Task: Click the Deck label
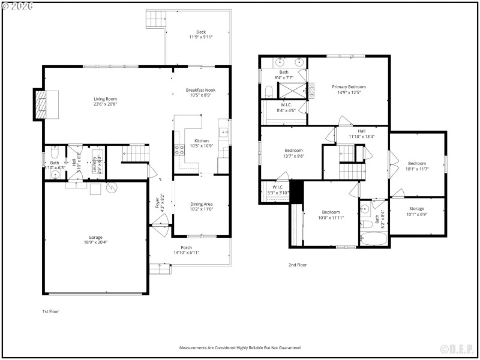[x=201, y=32]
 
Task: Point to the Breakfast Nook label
[x=200, y=90]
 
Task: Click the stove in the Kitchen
[x=178, y=150]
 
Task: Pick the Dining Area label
[x=200, y=204]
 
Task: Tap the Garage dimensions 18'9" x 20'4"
[x=95, y=242]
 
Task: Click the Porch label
[x=186, y=248]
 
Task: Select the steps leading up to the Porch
[x=159, y=269]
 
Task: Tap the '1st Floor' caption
[x=50, y=311]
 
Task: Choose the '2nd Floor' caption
[x=298, y=265]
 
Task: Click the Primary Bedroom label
[x=349, y=86]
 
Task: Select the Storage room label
[x=416, y=209]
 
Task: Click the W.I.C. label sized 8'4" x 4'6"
[x=286, y=104]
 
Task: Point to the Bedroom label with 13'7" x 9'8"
[x=293, y=151]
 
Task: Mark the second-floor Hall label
[x=361, y=131]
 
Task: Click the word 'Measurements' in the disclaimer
[x=194, y=347]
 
